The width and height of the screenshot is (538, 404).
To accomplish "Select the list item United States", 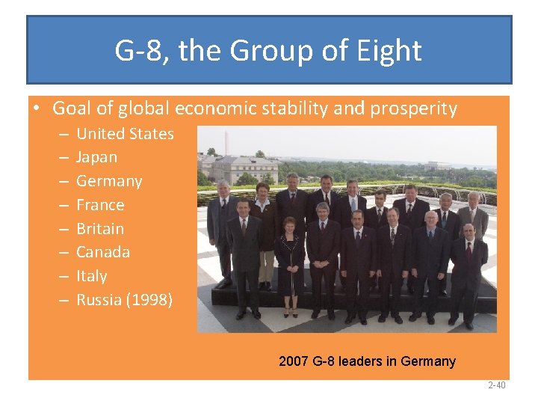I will tap(125, 134).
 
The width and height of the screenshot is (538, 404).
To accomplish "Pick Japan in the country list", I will tap(96, 157).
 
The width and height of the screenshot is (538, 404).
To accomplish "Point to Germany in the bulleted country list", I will tap(109, 181).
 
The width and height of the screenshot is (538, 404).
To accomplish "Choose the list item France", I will tap(100, 205).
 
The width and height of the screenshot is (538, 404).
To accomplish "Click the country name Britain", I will tap(100, 228).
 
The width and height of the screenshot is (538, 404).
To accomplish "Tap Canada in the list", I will tap(103, 252).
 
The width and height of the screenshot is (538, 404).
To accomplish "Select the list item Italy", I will tap(92, 276).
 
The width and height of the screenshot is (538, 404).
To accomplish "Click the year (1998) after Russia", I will tap(149, 300).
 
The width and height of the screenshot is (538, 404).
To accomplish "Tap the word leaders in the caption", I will tap(361, 361).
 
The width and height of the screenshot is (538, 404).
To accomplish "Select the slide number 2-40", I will tap(496, 385).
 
